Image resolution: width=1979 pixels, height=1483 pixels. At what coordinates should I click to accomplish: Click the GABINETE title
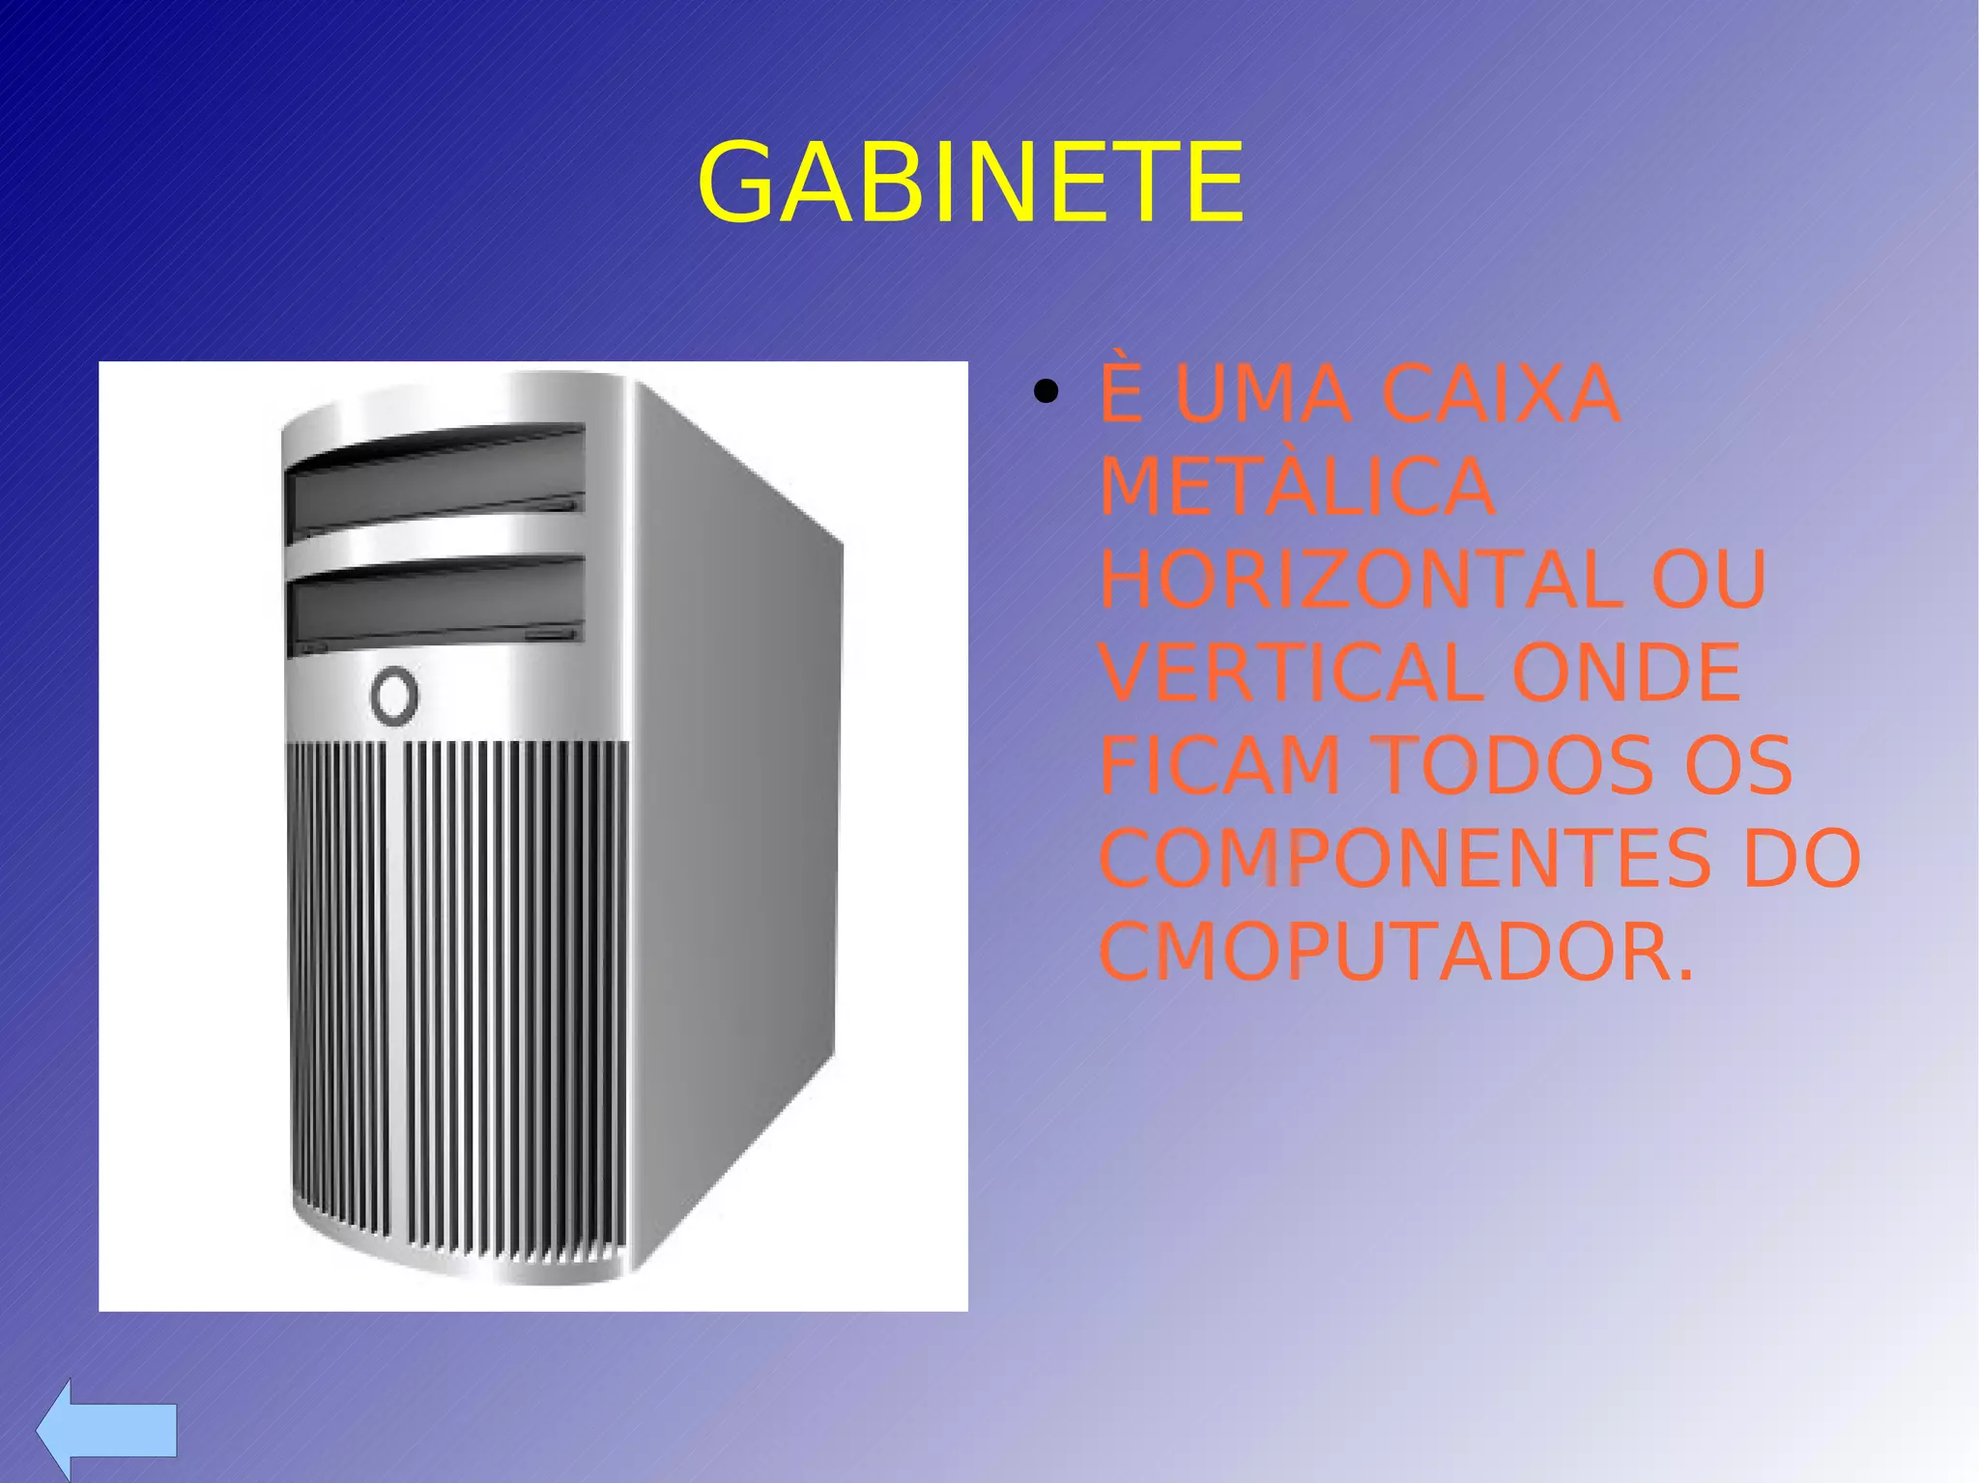(x=970, y=184)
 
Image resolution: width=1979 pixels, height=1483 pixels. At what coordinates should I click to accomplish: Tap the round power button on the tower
(x=394, y=695)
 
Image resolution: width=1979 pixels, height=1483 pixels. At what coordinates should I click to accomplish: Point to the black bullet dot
(x=1045, y=393)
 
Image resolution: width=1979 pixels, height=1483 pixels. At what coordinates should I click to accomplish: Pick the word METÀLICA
(x=1297, y=487)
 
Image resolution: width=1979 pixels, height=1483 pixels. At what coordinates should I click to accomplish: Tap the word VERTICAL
(x=1291, y=672)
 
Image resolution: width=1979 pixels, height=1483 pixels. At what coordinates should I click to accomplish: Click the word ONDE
(x=1626, y=672)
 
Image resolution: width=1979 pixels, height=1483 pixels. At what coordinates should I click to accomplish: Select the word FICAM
(x=1219, y=765)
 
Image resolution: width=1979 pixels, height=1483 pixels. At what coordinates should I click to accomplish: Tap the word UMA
(x=1262, y=394)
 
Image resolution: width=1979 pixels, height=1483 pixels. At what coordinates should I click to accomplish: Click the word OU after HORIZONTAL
(x=1708, y=580)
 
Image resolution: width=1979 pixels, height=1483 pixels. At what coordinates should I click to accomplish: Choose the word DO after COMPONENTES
(x=1801, y=858)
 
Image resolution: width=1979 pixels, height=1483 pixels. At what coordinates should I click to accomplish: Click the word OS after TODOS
(x=1737, y=765)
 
